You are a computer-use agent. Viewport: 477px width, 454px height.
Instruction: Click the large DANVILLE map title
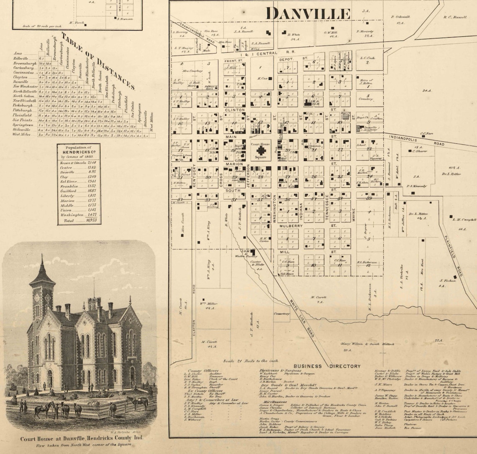[x=308, y=13]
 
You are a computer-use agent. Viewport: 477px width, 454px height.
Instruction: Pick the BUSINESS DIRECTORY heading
[x=327, y=366]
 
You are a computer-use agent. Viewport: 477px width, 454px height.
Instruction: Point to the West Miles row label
[x=21, y=135]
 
